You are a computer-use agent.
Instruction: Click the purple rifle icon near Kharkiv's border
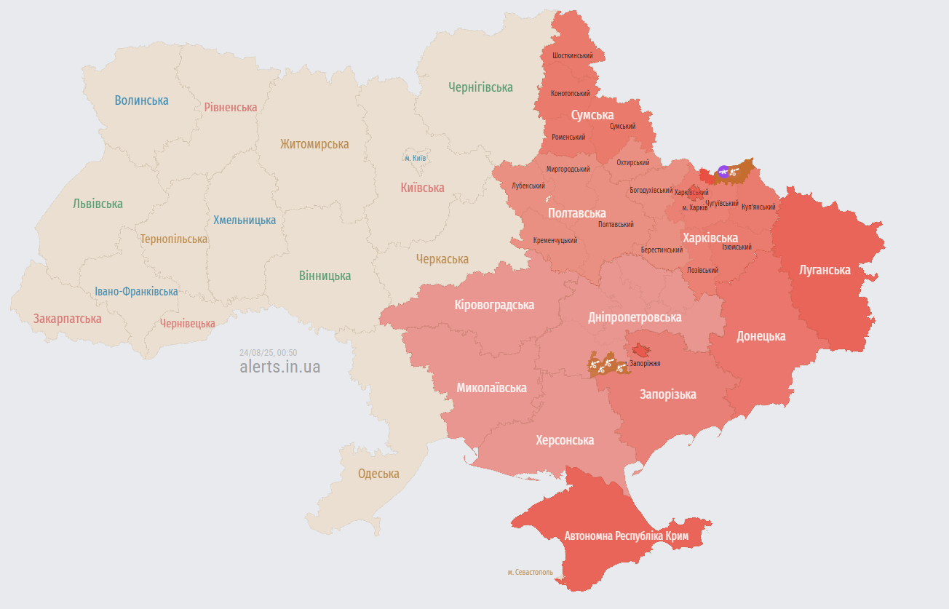pos(723,172)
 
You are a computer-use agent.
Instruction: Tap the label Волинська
pos(141,100)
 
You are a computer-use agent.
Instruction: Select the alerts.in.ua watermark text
pos(279,367)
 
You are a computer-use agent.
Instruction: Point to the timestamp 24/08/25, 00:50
pos(268,353)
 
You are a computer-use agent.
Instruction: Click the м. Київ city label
pos(415,158)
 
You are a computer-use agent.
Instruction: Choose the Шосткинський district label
pos(572,55)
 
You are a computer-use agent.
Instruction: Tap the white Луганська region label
pos(825,270)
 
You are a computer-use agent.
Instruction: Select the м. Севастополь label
pos(530,572)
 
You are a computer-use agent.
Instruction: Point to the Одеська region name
pos(378,474)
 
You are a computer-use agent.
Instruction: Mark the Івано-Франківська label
pos(136,292)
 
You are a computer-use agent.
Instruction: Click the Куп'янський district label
pos(758,207)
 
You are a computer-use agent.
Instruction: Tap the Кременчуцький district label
pos(555,240)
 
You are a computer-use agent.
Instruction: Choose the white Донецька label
pos(761,336)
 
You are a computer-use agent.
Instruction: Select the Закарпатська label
pos(67,319)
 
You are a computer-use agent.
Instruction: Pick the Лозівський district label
pos(702,270)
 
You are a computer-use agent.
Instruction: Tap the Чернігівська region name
pos(480,87)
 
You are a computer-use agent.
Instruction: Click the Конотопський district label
pos(571,94)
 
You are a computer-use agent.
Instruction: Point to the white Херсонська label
pos(565,440)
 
